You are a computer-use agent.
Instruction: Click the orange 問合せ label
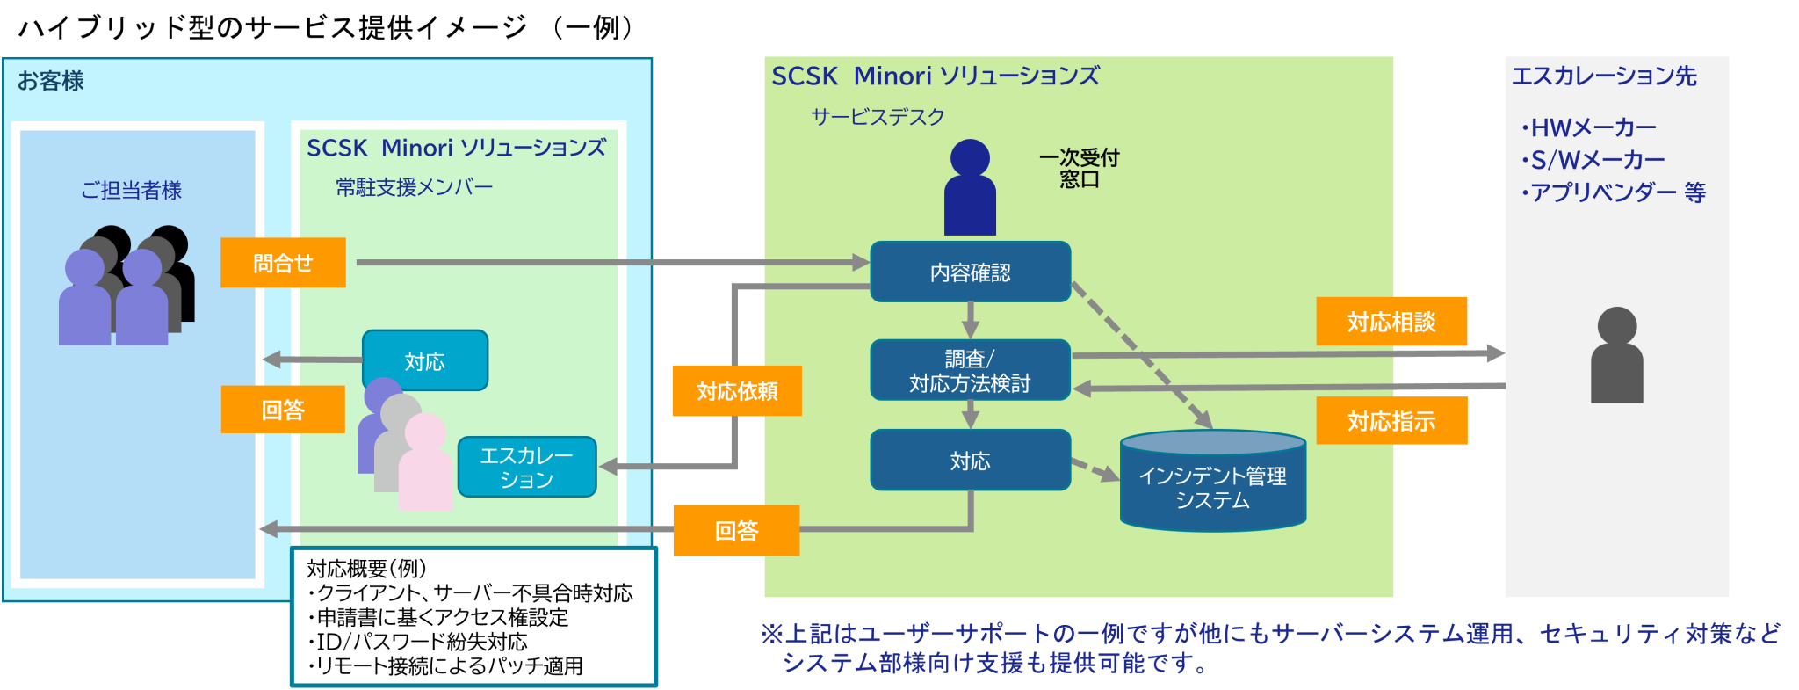click(x=283, y=263)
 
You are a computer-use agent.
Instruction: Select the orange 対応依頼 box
click(x=737, y=391)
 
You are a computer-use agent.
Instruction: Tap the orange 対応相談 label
click(x=1391, y=322)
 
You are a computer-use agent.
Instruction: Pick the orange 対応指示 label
click(x=1391, y=421)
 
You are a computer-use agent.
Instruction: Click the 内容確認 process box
click(x=970, y=272)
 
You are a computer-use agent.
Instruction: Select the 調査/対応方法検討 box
click(x=970, y=371)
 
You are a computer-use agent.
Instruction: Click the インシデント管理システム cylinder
click(x=1212, y=483)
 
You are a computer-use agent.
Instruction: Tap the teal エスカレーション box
click(x=527, y=468)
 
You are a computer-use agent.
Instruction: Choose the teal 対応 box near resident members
click(x=425, y=361)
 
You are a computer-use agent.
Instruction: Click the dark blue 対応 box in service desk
click(x=970, y=461)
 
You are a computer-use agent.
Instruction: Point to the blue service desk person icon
click(x=970, y=189)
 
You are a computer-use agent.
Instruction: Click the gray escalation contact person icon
click(x=1616, y=356)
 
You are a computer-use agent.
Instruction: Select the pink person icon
click(x=425, y=464)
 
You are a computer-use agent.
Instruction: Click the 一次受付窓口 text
click(x=1079, y=168)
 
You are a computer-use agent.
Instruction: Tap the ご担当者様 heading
click(x=131, y=190)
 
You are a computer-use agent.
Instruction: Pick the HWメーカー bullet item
click(x=1589, y=128)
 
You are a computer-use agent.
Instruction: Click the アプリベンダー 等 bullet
click(x=1614, y=192)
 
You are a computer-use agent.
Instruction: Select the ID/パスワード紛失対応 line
click(x=418, y=643)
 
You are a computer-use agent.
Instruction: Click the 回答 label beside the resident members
click(x=283, y=410)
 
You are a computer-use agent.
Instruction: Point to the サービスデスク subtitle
click(x=878, y=117)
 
